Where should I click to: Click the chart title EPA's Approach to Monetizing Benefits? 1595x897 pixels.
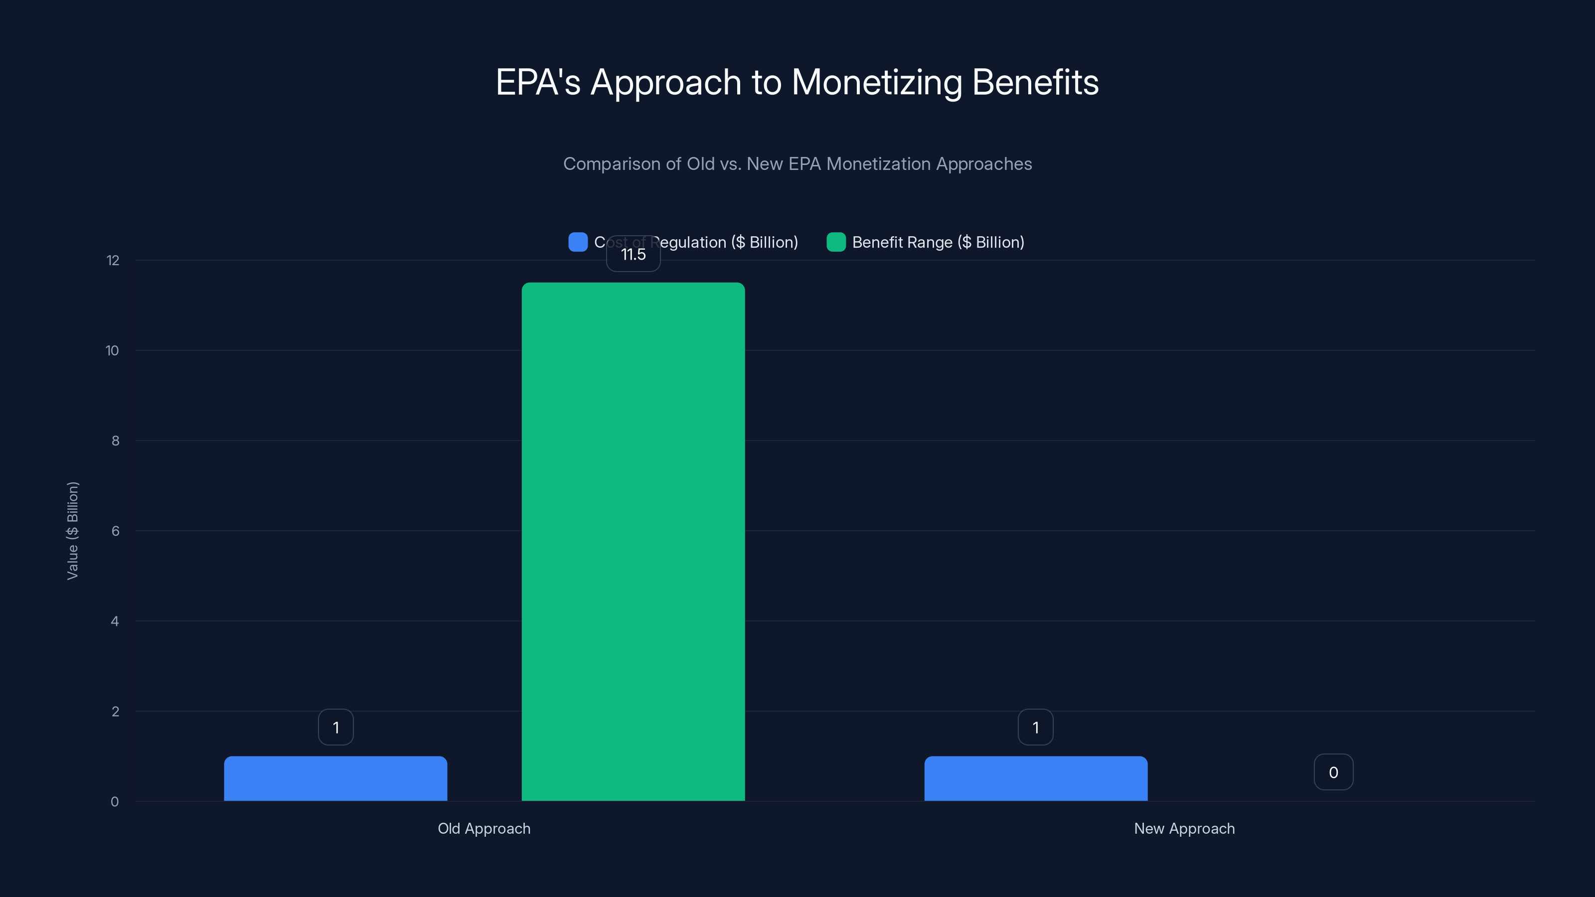(x=797, y=82)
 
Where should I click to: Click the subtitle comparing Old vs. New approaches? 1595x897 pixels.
(x=797, y=164)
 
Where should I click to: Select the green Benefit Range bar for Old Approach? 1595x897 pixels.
(x=633, y=542)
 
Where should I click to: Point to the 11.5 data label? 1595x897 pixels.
(x=633, y=255)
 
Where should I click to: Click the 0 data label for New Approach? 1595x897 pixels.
(x=1333, y=772)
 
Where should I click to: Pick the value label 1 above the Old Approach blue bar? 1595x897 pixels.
(x=335, y=728)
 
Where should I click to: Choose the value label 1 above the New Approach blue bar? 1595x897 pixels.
(x=1035, y=728)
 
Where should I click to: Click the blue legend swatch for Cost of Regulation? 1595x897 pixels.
(x=578, y=242)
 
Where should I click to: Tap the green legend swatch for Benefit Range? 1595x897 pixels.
(x=836, y=242)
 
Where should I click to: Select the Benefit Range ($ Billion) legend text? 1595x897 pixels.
(x=938, y=242)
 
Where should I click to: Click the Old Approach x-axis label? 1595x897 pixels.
(x=483, y=828)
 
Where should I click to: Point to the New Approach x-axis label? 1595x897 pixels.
(x=1184, y=828)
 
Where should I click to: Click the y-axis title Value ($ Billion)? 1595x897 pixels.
(x=72, y=531)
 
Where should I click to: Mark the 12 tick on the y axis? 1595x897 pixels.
(x=113, y=261)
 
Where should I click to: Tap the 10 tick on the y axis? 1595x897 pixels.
(x=112, y=351)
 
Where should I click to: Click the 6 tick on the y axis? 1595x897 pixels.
(x=115, y=531)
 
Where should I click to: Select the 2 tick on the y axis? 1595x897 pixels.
(x=115, y=711)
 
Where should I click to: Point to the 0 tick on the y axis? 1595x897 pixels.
(x=115, y=802)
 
